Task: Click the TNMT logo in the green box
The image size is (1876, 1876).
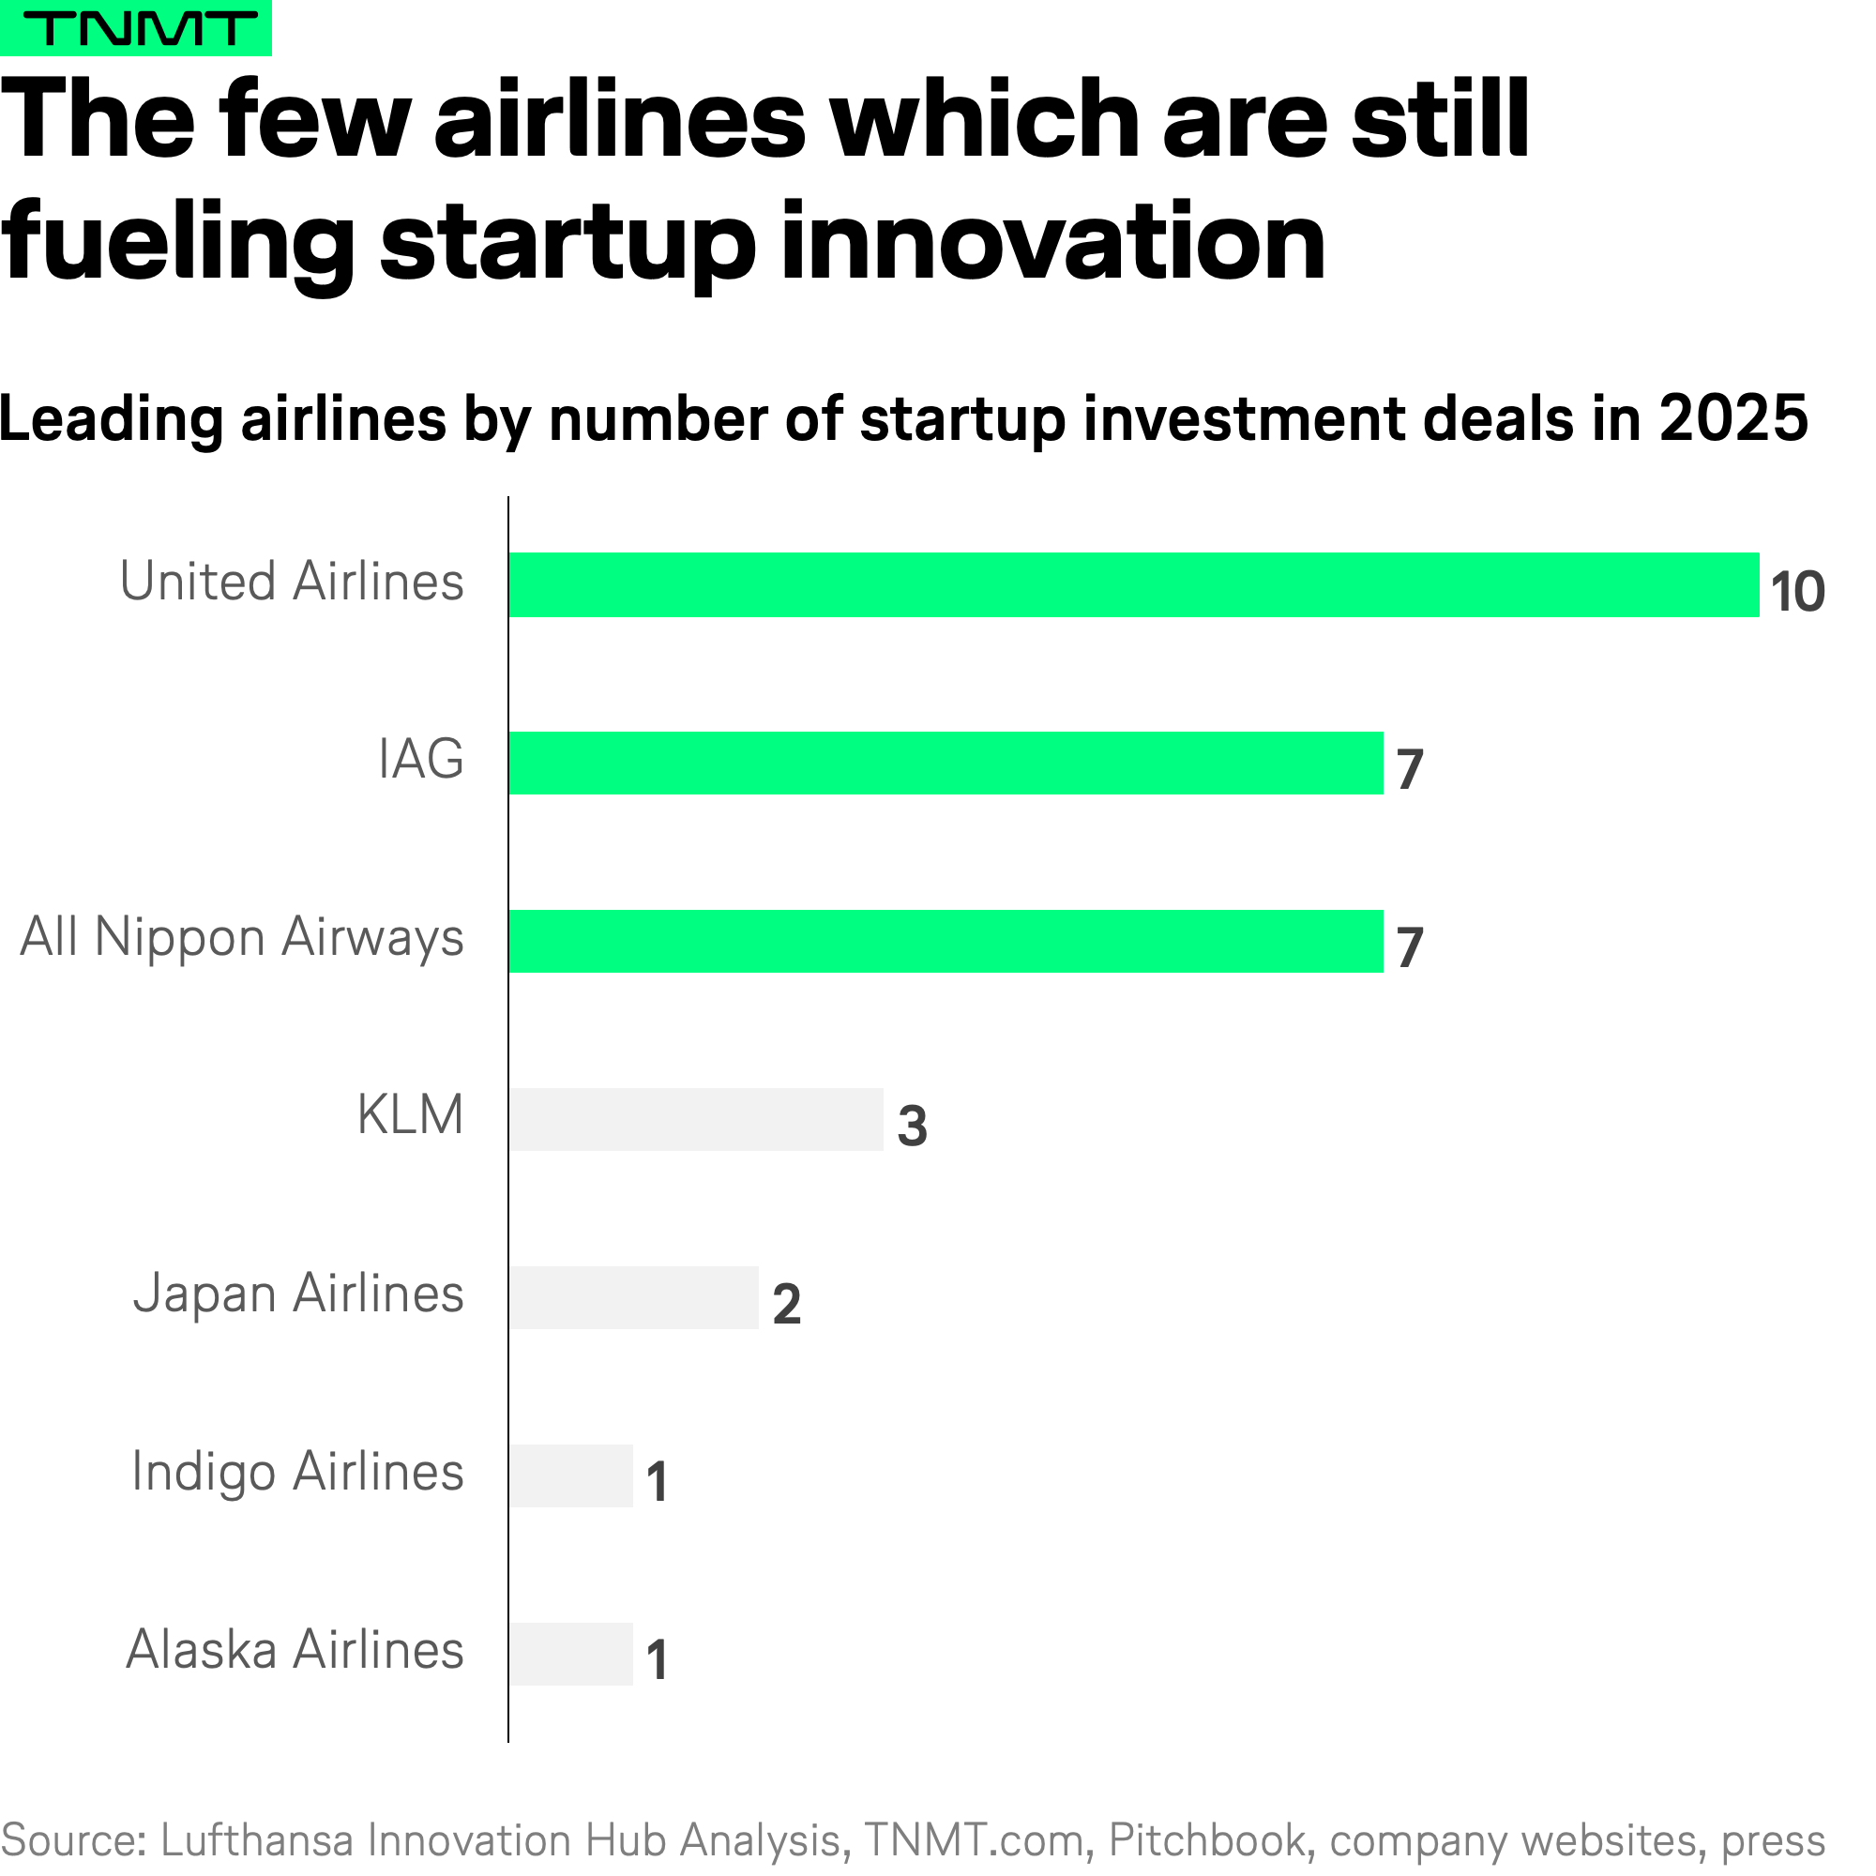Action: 136,28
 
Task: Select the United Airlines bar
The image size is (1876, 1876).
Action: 1133,584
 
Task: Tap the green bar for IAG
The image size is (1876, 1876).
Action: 945,764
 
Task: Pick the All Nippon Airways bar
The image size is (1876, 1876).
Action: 945,941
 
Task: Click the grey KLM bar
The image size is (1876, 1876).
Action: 696,1120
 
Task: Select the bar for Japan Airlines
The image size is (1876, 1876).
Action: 633,1297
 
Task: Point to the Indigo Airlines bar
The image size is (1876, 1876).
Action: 571,1475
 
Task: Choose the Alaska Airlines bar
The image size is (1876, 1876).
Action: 571,1654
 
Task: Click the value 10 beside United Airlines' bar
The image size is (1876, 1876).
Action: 1797,591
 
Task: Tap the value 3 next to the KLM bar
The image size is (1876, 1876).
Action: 912,1127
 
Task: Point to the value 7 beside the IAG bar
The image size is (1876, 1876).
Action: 1410,770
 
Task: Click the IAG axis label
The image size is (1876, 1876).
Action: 420,760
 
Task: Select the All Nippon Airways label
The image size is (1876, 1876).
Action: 242,938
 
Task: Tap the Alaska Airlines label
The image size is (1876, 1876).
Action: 295,1651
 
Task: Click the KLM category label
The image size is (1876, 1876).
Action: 410,1114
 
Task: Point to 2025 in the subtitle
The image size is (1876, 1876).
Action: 1733,419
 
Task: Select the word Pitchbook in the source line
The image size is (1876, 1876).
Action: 1207,1840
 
